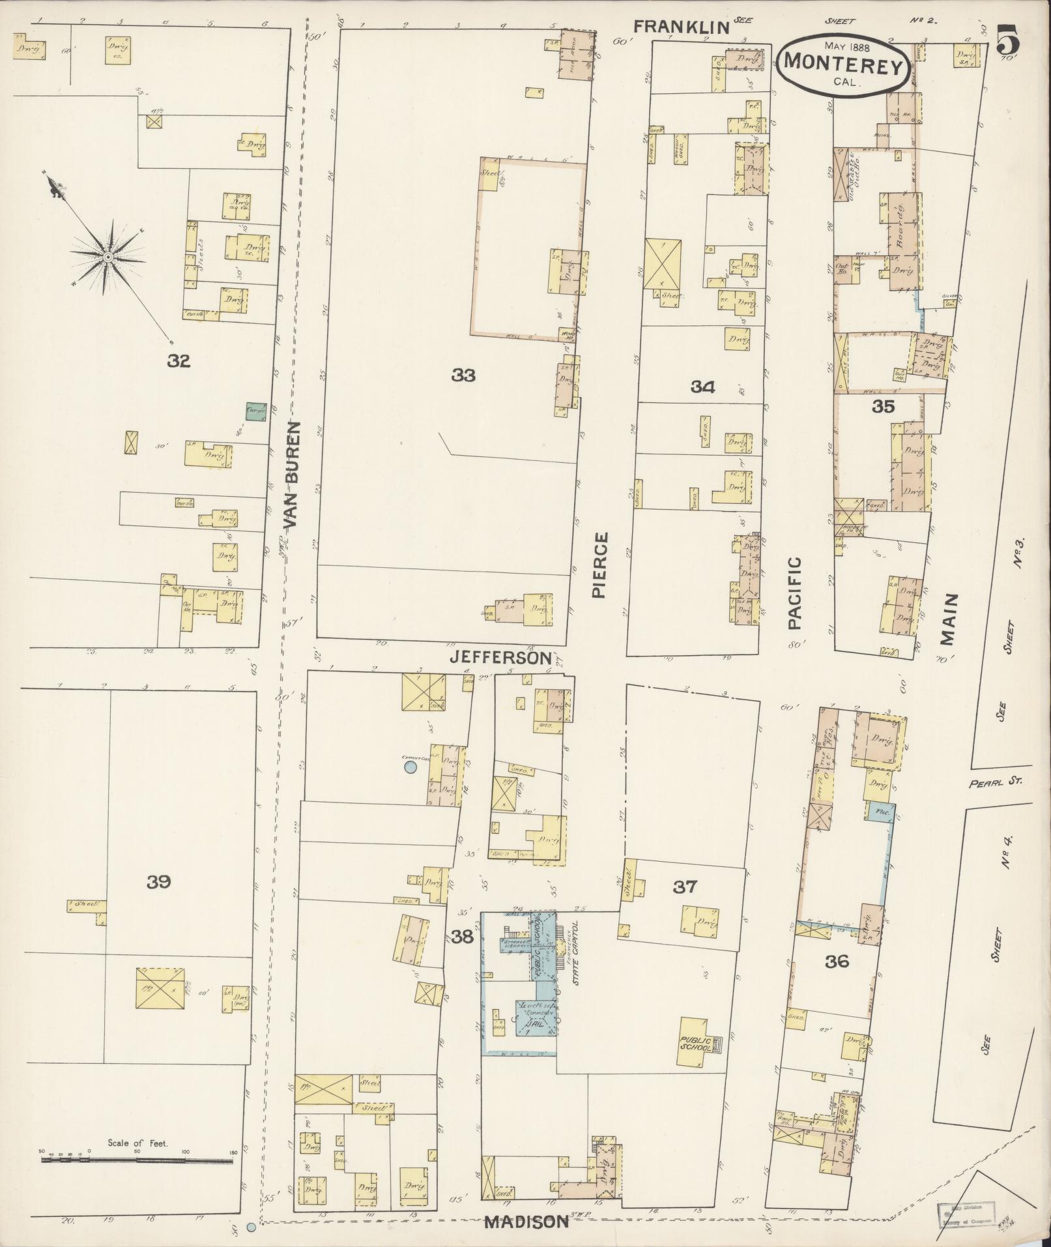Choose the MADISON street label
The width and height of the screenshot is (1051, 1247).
527,1222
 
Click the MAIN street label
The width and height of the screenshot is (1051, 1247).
948,619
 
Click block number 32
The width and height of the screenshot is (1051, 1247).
178,360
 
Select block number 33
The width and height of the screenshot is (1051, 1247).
463,375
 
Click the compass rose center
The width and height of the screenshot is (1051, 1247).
108,258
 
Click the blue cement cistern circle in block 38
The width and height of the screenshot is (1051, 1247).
410,768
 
